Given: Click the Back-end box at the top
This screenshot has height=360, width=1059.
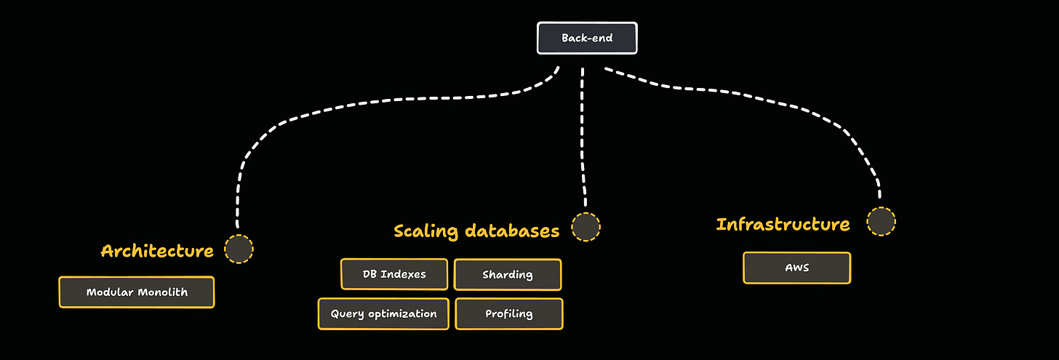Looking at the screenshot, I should coord(587,38).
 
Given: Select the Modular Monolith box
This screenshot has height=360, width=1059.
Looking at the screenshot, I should coord(137,292).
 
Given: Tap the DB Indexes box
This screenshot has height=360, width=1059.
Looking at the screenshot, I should coord(394,274).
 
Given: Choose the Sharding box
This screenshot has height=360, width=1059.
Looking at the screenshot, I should coord(508,275).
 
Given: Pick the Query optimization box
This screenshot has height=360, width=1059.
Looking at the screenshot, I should coord(383,314).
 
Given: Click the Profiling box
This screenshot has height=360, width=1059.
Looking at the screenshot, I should coord(509,314).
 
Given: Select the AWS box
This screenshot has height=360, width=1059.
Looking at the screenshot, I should coord(796,268).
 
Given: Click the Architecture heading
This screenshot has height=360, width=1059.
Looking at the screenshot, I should coord(157,251).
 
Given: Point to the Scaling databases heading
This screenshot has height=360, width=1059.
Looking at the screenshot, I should coord(476,231).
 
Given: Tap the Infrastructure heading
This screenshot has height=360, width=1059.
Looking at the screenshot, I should coord(783,224).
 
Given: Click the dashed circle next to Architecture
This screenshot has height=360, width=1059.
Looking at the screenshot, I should coord(239,249).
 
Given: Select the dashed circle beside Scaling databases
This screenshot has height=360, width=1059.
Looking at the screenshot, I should coord(586,228).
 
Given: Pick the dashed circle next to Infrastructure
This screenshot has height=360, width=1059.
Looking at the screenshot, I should coord(881,221).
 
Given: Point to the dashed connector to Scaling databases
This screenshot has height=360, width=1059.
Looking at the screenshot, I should coord(583,138).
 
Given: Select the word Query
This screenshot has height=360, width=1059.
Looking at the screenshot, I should coord(346,314).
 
